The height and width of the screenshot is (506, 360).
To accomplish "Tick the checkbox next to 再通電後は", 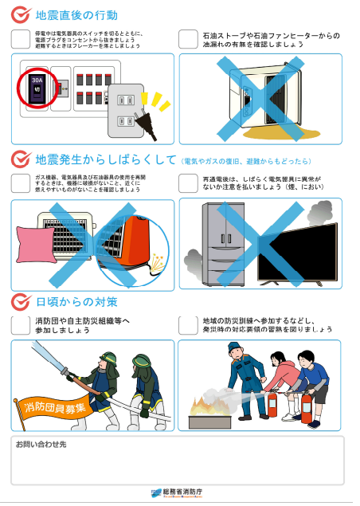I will (x=187, y=182).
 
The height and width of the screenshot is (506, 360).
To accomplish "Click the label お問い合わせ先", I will (x=41, y=443).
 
